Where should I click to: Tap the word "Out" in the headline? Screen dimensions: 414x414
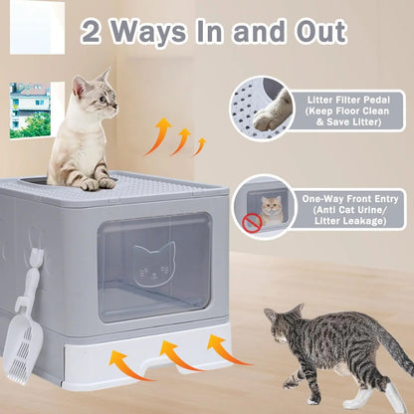(x=312, y=31)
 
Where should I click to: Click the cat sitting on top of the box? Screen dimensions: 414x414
(x=86, y=129)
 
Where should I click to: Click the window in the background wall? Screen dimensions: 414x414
(x=29, y=109)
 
